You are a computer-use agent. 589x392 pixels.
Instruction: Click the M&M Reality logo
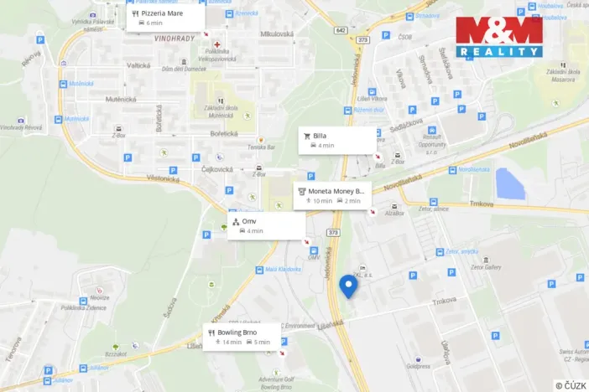498,36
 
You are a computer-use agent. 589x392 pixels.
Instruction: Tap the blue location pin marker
348,286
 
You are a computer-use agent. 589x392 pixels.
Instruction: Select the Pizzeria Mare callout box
165,18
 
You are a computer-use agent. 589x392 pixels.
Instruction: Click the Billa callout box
337,140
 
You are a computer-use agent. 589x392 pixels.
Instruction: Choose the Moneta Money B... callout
332,196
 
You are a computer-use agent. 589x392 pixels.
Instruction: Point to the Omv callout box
265,225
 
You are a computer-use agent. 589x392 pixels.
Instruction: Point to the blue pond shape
508,183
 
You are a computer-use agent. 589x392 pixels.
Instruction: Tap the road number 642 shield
340,30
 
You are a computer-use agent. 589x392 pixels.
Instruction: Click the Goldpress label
417,365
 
